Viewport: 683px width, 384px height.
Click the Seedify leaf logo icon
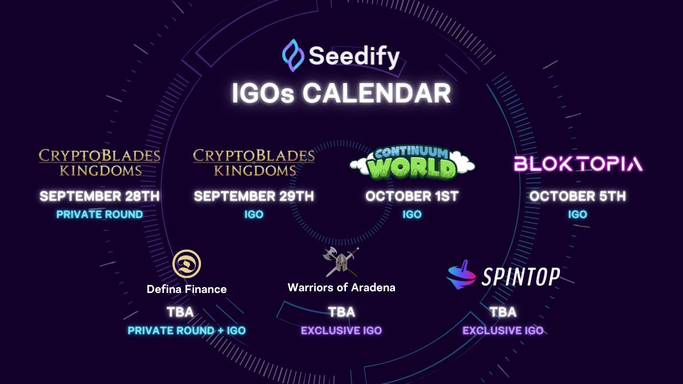click(293, 55)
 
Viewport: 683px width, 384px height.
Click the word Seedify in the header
click(354, 56)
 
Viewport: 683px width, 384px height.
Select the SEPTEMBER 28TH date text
click(100, 196)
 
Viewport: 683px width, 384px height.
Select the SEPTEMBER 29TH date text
click(254, 196)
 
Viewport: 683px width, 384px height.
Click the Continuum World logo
click(412, 163)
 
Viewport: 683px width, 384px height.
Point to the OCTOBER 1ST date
click(412, 196)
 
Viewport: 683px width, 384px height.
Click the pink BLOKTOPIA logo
click(578, 164)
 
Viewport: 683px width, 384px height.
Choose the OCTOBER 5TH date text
click(578, 196)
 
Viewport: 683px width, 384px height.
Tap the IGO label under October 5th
click(577, 214)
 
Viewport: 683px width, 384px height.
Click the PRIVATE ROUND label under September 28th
click(100, 214)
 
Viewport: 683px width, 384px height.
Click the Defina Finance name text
click(187, 289)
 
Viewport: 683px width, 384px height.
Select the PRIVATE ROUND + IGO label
click(187, 331)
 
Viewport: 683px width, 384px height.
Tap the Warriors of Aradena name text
click(341, 287)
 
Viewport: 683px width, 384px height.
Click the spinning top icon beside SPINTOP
click(462, 275)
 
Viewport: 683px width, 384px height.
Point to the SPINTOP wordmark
click(521, 277)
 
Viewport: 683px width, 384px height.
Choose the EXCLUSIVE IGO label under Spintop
click(503, 331)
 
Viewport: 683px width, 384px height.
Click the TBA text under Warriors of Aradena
click(341, 312)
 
